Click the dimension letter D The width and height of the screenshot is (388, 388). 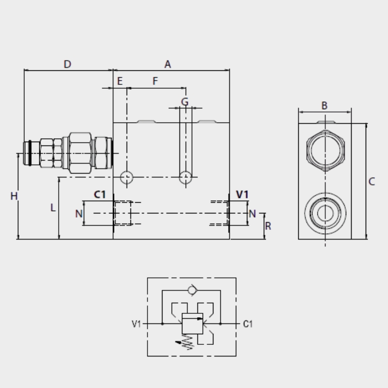(x=67, y=65)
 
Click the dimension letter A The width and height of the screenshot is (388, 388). (x=167, y=65)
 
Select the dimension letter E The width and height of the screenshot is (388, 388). (x=120, y=81)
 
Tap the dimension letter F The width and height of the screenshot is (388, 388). (x=155, y=81)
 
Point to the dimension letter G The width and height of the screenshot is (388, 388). (x=185, y=102)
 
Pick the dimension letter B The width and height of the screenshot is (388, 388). (x=324, y=106)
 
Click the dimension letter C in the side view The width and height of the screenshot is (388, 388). (x=372, y=181)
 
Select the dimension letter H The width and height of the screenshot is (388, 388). (x=14, y=196)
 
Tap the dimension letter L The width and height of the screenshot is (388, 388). (x=53, y=208)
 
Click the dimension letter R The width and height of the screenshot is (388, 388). (x=268, y=226)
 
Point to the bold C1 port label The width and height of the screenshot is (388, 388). (x=100, y=194)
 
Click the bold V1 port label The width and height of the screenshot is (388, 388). (x=242, y=194)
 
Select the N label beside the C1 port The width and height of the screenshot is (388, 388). (x=79, y=214)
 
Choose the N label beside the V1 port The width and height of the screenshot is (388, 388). (x=252, y=214)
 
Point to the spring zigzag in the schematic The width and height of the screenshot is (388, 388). (x=187, y=342)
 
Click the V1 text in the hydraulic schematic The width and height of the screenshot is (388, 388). (x=136, y=324)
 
